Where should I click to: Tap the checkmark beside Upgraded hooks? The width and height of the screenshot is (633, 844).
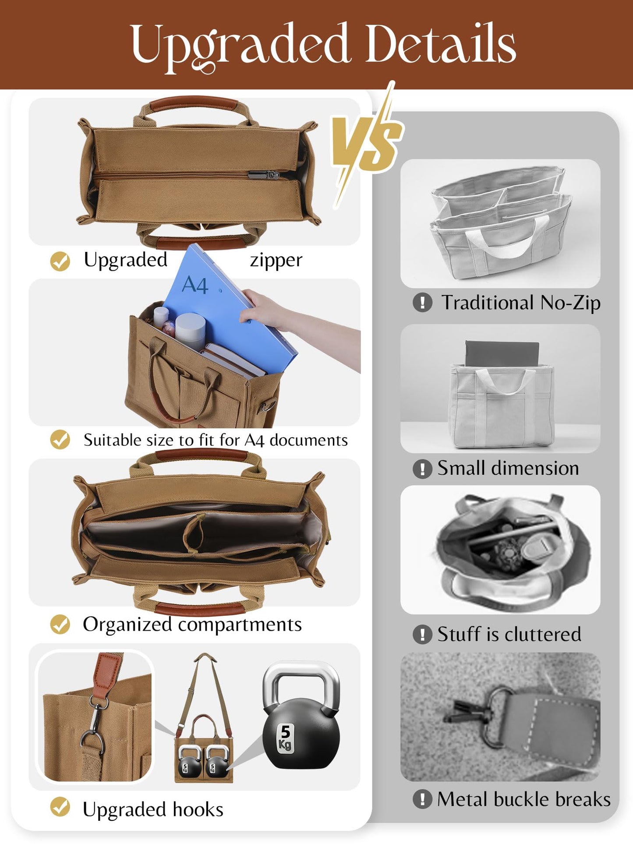pos(60,807)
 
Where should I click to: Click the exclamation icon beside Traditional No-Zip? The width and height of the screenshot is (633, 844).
pos(422,302)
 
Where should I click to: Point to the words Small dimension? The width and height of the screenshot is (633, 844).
pos(508,468)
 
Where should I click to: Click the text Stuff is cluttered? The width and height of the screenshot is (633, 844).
pos(509,634)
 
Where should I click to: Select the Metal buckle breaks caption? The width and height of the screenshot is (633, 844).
pos(523,799)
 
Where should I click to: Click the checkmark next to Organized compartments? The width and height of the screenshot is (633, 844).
pos(60,624)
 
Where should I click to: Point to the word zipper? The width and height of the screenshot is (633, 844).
pos(276,260)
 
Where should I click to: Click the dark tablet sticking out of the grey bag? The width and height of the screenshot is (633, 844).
pos(502,353)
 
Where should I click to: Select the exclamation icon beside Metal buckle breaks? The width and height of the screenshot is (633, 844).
pos(422,799)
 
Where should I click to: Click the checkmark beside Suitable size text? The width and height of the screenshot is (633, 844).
pos(60,439)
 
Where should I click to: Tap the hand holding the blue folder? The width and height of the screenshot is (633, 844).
pos(263,309)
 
